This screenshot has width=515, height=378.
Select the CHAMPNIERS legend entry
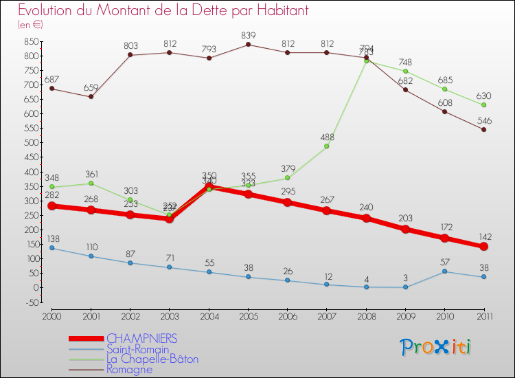pyautogui.click(x=142, y=338)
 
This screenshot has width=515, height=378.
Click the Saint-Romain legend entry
pyautogui.click(x=138, y=349)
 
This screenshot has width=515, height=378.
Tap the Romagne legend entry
pyautogui.click(x=130, y=369)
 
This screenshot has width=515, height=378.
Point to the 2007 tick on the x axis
pyautogui.click(x=327, y=315)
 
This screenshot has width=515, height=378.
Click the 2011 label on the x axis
pyautogui.click(x=483, y=315)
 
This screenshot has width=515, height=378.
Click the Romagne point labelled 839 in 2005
pyautogui.click(x=249, y=45)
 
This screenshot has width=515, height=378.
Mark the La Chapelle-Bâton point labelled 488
pyautogui.click(x=327, y=146)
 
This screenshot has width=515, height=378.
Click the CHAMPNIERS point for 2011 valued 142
pyautogui.click(x=483, y=246)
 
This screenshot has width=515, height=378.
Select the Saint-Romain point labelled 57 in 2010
pyautogui.click(x=444, y=271)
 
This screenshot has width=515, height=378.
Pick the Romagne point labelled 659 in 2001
pyautogui.click(x=91, y=96)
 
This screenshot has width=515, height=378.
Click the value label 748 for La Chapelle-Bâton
pyautogui.click(x=405, y=61)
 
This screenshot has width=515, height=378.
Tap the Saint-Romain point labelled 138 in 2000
pyautogui.click(x=52, y=247)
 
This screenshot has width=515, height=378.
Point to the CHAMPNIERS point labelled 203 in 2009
pyautogui.click(x=405, y=229)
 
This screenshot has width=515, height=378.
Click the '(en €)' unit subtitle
pyautogui.click(x=30, y=24)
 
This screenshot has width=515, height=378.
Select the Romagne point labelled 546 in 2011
pyautogui.click(x=483, y=129)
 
